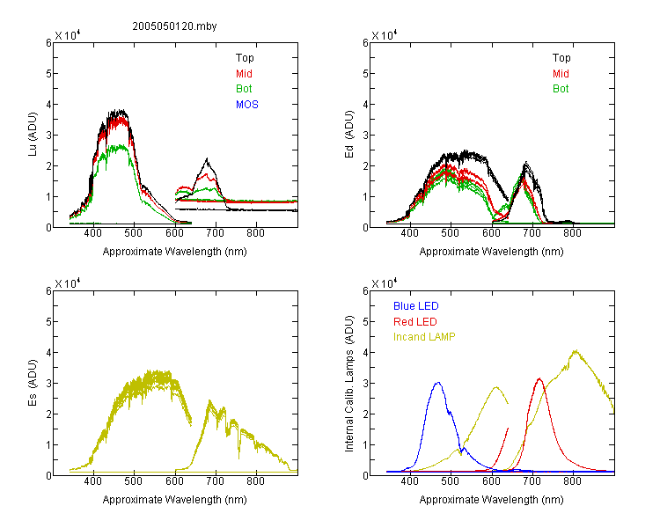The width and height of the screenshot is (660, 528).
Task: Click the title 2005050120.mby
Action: coord(174,26)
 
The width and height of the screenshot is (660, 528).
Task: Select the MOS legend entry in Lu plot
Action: coord(247,105)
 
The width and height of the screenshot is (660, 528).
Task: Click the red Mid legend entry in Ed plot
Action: coord(561,74)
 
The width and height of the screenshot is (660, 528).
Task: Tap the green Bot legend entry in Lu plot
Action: coord(244,89)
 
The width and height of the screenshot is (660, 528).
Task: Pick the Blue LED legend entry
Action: coord(416,306)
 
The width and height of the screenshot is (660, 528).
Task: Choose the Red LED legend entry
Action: coord(415,322)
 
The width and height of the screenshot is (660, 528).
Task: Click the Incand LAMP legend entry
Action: coord(424,337)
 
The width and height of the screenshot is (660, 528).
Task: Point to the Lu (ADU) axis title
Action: coord(33,135)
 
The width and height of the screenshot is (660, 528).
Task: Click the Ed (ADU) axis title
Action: coord(349,135)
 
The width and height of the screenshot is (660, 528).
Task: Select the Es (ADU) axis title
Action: coord(33,383)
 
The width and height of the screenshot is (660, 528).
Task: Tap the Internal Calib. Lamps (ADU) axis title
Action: coord(349,384)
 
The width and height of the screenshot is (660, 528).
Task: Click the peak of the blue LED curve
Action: coord(438,383)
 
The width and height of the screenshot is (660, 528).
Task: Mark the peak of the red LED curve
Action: coord(539,379)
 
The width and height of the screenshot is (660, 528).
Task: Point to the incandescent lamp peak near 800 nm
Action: coord(576,350)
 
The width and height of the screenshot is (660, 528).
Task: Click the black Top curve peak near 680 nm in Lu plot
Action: coord(207,158)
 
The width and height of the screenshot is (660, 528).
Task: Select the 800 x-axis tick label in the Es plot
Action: coord(255,481)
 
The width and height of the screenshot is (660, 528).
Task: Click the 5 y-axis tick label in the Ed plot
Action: coord(366,74)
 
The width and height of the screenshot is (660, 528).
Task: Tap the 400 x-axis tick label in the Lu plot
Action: coord(92,233)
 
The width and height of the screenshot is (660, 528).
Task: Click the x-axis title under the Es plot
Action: coord(175,500)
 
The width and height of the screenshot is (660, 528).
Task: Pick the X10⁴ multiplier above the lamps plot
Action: coord(385,283)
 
